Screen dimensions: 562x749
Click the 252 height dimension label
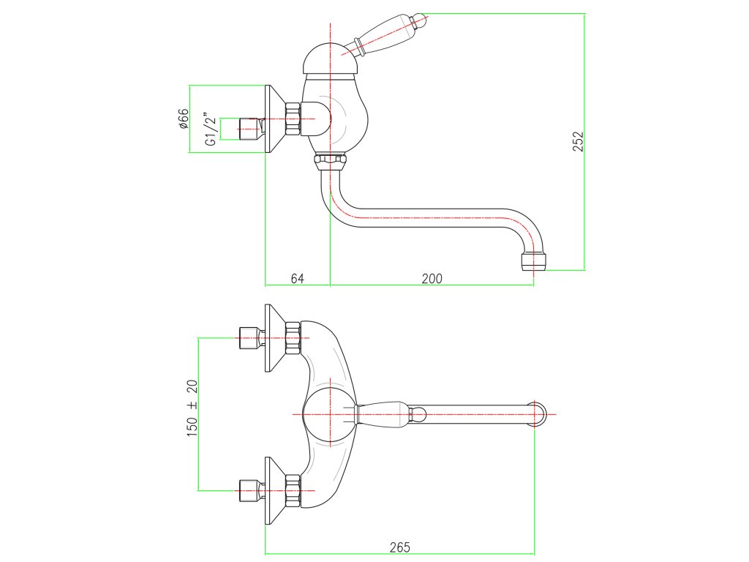pos(577,141)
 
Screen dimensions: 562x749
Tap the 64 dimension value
pos(297,278)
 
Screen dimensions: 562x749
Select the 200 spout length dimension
pos(432,278)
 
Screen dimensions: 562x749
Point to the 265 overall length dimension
pos(399,547)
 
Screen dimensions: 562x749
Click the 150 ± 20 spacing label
pos(192,409)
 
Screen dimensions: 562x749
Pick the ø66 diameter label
pos(184,119)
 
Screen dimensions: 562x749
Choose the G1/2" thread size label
pos(211,130)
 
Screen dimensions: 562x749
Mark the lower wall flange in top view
pos(274,490)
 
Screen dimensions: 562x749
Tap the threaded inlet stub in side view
pos(252,129)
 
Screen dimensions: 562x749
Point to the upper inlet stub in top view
pos(252,337)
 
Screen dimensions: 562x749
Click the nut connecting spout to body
pos(330,160)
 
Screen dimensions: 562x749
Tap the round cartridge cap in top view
pos(330,414)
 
